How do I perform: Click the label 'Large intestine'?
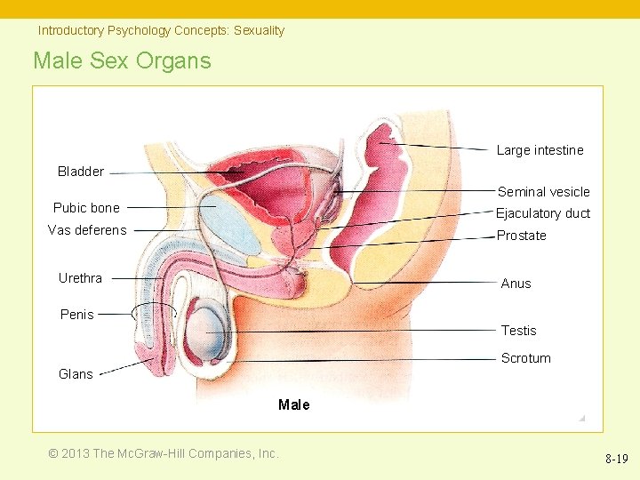(540, 150)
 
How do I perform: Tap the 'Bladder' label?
(81, 172)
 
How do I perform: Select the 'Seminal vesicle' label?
(543, 192)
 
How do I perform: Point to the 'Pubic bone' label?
(86, 208)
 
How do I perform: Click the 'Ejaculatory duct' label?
(542, 213)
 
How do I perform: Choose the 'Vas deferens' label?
(87, 230)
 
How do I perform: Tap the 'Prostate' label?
(521, 236)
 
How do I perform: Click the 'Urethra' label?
(80, 278)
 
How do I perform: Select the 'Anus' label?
(516, 284)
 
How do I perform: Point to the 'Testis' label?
(518, 331)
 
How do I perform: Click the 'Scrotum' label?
(525, 358)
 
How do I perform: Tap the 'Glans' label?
(76, 374)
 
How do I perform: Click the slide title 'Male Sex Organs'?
(123, 61)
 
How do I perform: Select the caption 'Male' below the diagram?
(293, 405)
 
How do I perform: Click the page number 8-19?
(616, 459)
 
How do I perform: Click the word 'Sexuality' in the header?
(259, 30)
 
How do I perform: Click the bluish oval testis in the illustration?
(212, 332)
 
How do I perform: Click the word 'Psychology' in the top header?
(139, 30)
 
